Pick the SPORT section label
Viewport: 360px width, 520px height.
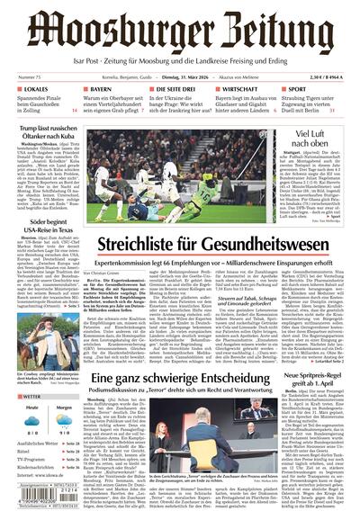pyautogui.click(x=298, y=91)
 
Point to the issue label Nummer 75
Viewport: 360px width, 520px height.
pyautogui.click(x=31, y=79)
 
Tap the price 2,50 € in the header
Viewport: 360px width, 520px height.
pyautogui.click(x=319, y=79)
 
